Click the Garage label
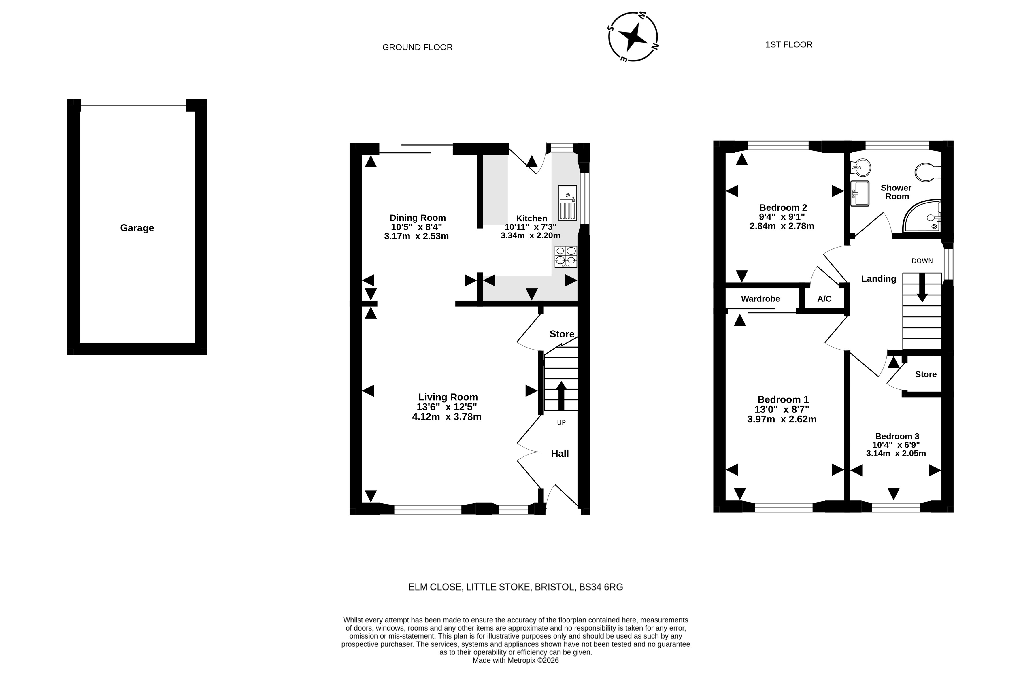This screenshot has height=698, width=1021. [137, 228]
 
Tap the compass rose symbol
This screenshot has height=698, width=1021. [633, 37]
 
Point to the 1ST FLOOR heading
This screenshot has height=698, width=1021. [789, 45]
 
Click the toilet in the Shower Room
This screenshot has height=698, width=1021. [928, 172]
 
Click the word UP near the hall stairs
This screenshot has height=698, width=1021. [561, 422]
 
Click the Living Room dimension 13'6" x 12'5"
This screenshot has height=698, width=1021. [447, 407]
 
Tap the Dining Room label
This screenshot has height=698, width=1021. [417, 218]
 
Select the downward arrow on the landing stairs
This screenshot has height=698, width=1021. [922, 287]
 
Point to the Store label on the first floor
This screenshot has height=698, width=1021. [926, 375]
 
